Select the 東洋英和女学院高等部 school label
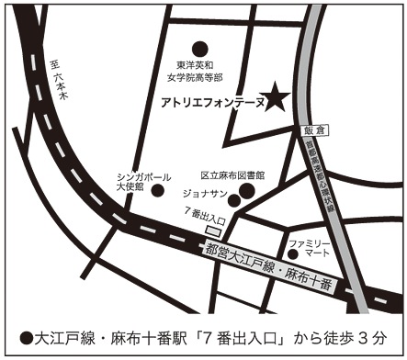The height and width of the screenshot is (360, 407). tap(198, 72)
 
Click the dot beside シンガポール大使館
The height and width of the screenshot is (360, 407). tap(157, 191)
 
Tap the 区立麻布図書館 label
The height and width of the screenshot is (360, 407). tap(232, 174)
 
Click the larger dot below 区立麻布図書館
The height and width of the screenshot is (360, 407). tap(246, 191)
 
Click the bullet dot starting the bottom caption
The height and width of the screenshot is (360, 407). tap(27, 336)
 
